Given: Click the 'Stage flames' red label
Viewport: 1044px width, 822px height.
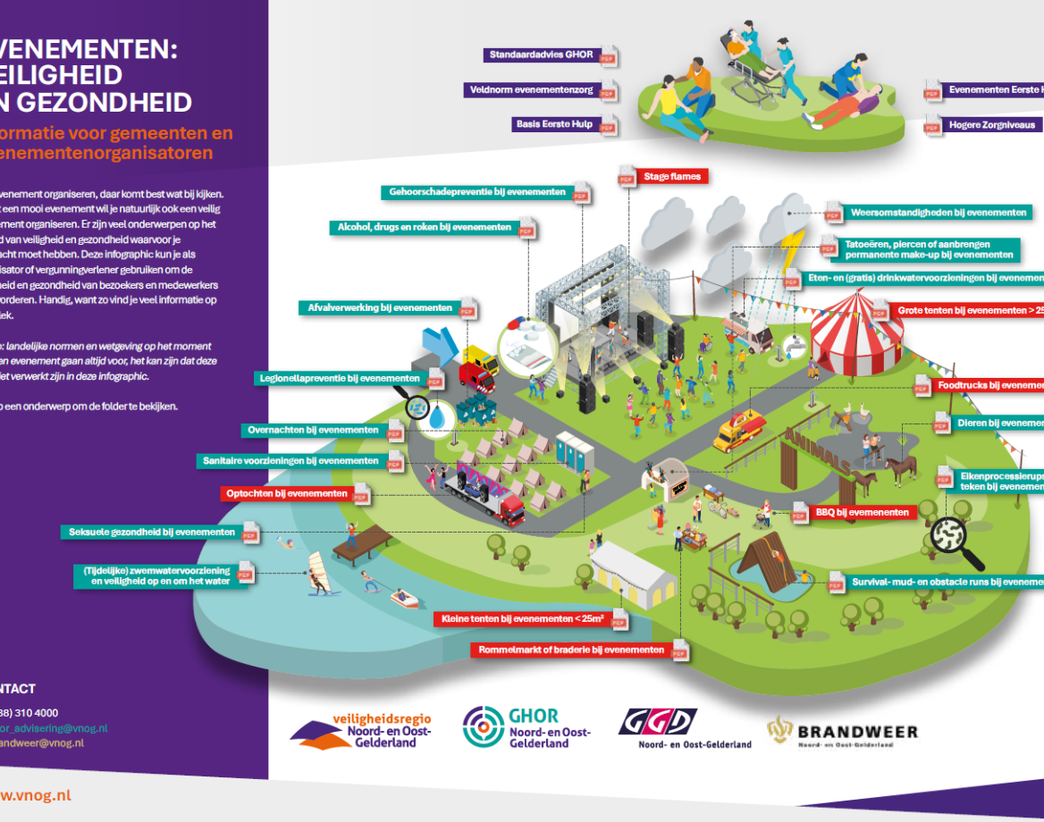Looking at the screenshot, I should pyautogui.click(x=672, y=177).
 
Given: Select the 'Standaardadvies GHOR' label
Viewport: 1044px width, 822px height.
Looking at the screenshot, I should pyautogui.click(x=541, y=55).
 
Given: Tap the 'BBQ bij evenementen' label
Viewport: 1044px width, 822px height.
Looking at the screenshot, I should pyautogui.click(x=863, y=513).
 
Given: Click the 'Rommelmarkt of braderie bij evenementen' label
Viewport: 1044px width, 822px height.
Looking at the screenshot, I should pyautogui.click(x=571, y=650).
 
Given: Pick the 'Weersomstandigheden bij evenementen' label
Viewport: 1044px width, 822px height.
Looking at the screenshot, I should pyautogui.click(x=938, y=213).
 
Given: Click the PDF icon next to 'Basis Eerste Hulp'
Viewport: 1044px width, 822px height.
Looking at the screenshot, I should pyautogui.click(x=609, y=126).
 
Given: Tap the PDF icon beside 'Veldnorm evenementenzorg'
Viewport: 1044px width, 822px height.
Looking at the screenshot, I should pyautogui.click(x=609, y=91).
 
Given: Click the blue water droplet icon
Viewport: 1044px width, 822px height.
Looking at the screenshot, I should pyautogui.click(x=438, y=415).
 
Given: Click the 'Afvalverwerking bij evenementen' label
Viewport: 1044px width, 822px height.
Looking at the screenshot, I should pyautogui.click(x=379, y=308).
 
